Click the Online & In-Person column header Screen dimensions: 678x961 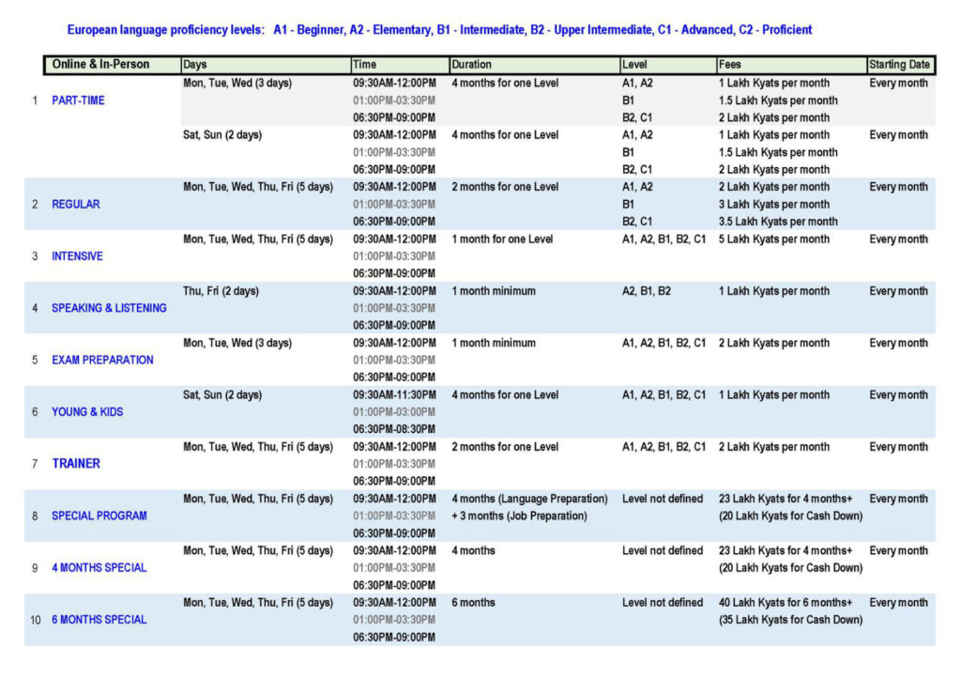coord(100,65)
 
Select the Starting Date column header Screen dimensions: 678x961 coord(900,65)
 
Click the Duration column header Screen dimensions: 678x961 coord(471,65)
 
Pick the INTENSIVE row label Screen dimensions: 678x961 coord(77,256)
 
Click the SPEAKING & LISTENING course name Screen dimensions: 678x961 coord(109,308)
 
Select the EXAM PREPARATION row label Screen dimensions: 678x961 coord(102,360)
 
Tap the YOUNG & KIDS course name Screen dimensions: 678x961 coord(87,411)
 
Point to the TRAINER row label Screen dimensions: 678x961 coord(76,463)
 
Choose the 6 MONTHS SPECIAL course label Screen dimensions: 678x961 coord(99,620)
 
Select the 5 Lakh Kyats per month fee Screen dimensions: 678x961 coord(773,239)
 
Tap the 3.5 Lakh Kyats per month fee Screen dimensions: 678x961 coord(778,222)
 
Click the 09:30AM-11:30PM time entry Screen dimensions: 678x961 coord(394,395)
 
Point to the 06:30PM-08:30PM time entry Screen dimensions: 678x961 coord(394,429)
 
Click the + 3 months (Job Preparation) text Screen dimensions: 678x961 coord(519,516)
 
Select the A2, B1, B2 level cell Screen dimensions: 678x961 coord(647,291)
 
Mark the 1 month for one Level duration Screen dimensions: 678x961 coord(502,239)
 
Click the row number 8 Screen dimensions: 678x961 coord(35,516)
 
